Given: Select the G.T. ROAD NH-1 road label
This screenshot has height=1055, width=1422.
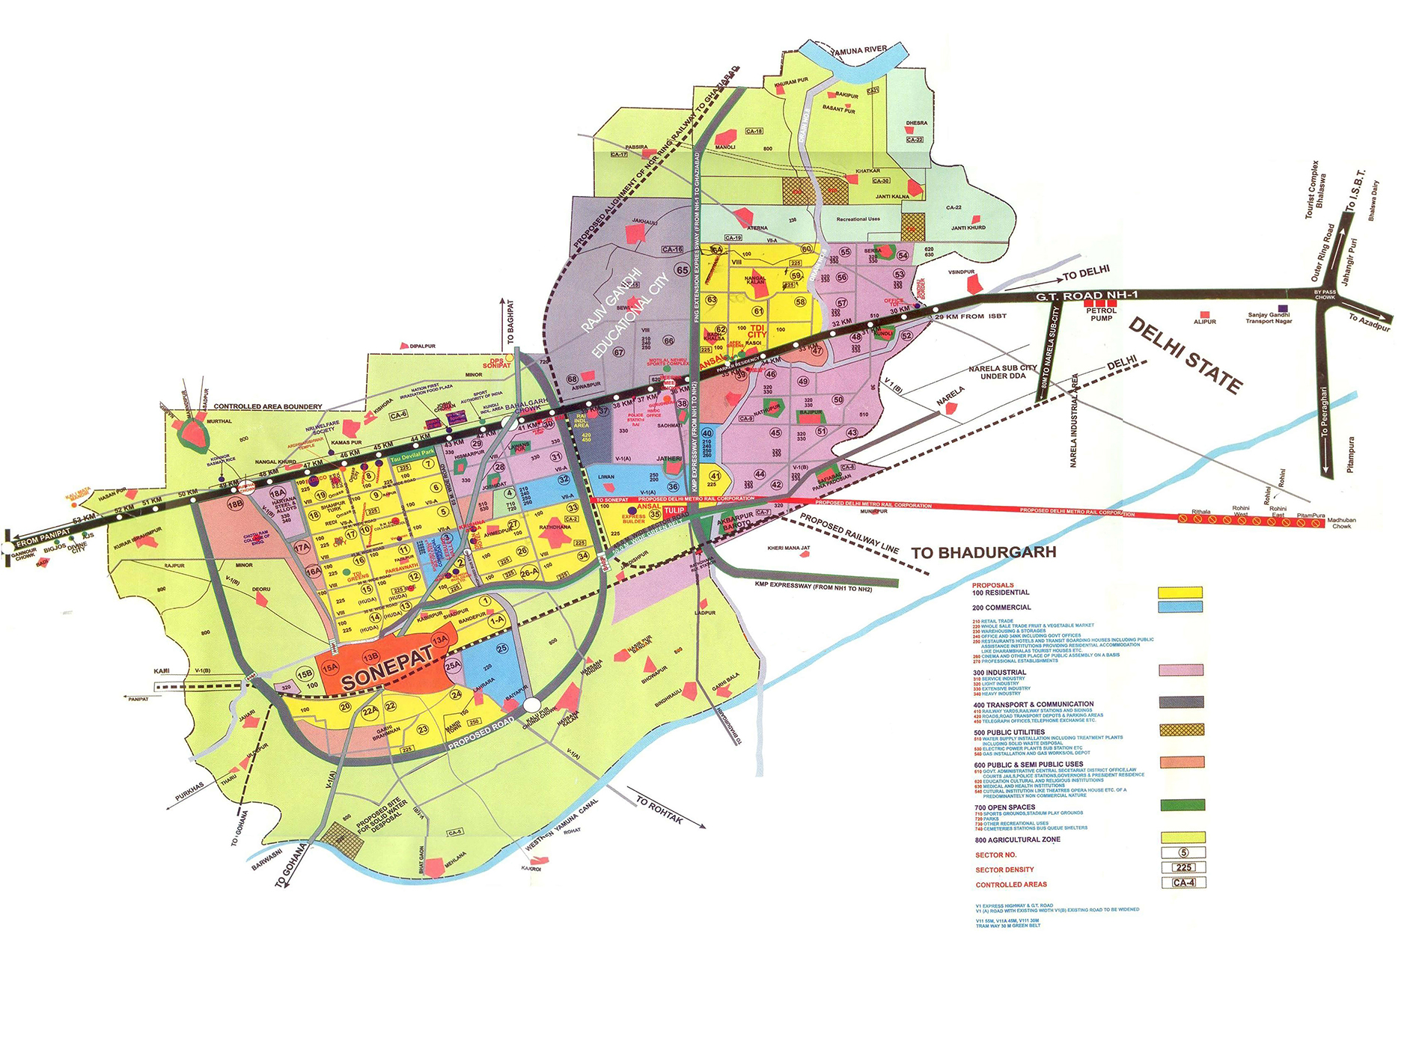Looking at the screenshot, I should [x=1087, y=296].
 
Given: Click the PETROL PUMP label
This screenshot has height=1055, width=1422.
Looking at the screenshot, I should [x=1101, y=314].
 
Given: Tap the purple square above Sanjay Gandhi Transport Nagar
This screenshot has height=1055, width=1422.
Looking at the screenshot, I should [x=1283, y=308].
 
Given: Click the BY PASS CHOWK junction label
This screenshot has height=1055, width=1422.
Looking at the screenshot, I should [x=1325, y=295].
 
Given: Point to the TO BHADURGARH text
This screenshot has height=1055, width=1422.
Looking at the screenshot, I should [x=983, y=553].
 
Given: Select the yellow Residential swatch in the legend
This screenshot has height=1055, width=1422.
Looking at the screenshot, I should [x=1180, y=593].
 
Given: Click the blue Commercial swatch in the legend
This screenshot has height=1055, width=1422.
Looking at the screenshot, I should [x=1180, y=607].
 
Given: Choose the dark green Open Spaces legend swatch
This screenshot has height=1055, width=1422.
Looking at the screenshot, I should [x=1183, y=805].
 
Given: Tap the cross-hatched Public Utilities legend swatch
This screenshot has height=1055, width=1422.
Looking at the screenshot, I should [x=1182, y=730].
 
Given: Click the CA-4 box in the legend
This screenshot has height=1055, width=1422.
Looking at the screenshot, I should [x=1183, y=882].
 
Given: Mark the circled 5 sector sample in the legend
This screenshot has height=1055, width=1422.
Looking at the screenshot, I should [x=1183, y=853].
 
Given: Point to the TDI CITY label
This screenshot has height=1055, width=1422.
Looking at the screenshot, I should [x=757, y=331].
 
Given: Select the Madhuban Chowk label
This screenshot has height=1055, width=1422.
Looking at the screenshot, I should [x=1341, y=523].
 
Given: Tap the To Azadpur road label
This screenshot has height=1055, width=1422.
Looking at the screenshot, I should [x=1369, y=322].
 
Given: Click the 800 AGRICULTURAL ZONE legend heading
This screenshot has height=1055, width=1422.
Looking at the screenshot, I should [x=1017, y=840].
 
